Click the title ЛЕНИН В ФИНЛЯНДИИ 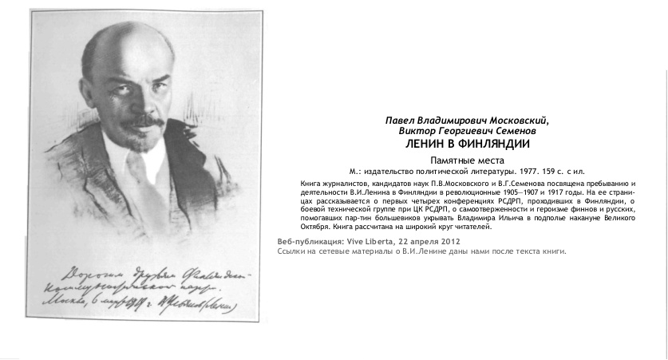coord(467,144)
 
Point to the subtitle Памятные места coord(467,160)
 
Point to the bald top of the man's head coord(128,40)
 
